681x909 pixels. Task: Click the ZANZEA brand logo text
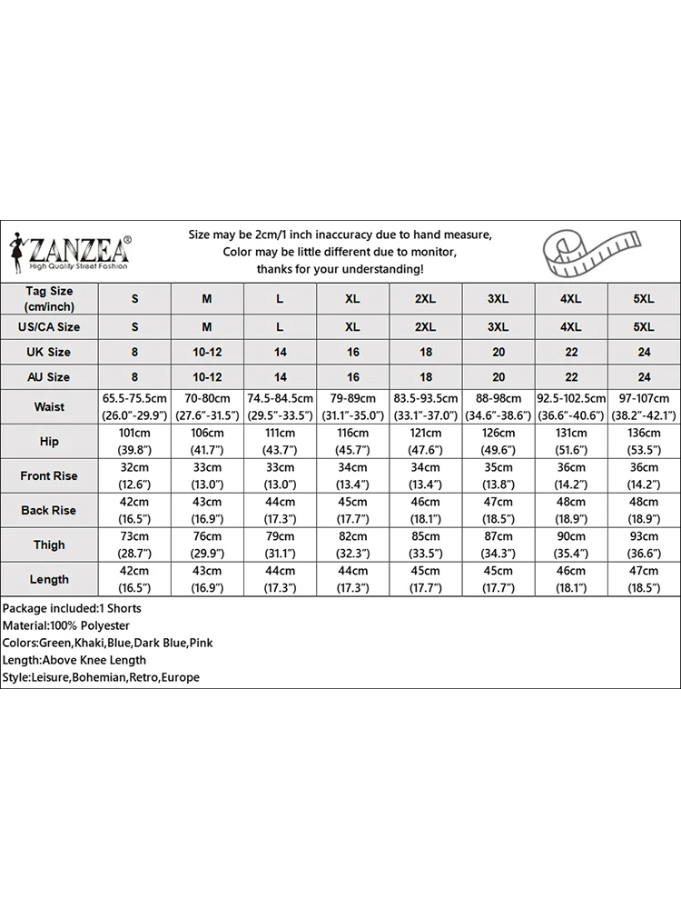tap(80, 248)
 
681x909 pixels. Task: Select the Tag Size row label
tap(49, 298)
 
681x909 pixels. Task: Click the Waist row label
tap(49, 407)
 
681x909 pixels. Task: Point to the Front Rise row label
tap(49, 475)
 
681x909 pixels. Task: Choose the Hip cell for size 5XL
tap(644, 441)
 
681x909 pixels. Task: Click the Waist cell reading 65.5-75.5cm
tap(134, 407)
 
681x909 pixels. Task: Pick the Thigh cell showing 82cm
tap(353, 544)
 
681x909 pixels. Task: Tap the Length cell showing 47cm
tap(644, 579)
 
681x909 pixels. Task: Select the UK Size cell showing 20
tap(498, 352)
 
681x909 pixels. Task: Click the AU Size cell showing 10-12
tap(207, 376)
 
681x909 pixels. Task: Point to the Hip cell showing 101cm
tap(134, 441)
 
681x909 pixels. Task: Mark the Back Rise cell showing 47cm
tap(498, 510)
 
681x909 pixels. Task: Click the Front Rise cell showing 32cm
tap(134, 475)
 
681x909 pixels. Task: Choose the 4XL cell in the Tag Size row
tap(571, 298)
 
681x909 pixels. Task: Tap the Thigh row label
tap(49, 544)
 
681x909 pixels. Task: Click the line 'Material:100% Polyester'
tap(65, 625)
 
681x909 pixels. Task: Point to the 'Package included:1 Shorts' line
tap(72, 608)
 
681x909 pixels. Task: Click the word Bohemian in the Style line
tap(98, 677)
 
